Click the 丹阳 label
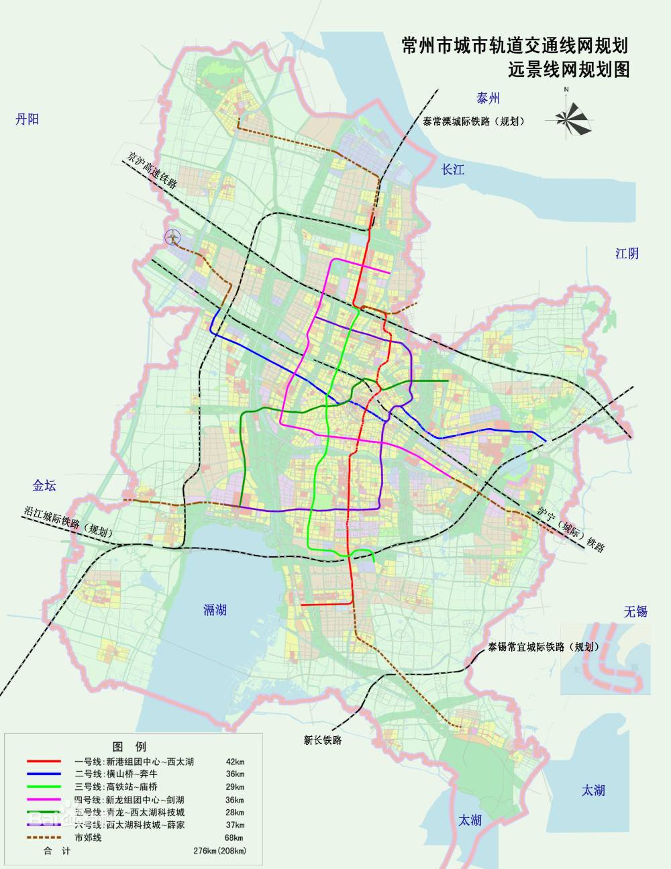28,119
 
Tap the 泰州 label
488,99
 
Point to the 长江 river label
453,169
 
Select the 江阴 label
627,253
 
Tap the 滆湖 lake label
215,609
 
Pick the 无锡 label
635,611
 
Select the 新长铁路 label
323,740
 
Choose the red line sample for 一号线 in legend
44,762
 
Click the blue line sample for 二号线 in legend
44,774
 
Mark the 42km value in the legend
235,762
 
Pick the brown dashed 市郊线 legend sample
44,837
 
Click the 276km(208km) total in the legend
219,851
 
